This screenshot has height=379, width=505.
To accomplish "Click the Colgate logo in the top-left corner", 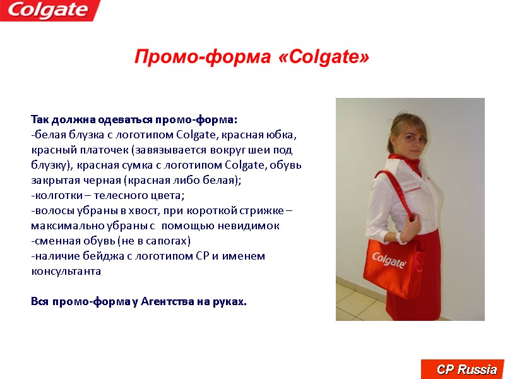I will click(x=49, y=10).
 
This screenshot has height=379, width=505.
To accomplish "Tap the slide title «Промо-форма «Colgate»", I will click(x=251, y=57).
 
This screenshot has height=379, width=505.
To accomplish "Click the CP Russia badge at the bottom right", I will click(x=464, y=369).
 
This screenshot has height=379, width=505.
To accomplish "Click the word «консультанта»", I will click(x=66, y=272).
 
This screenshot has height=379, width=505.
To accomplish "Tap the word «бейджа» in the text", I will click(x=95, y=256).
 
